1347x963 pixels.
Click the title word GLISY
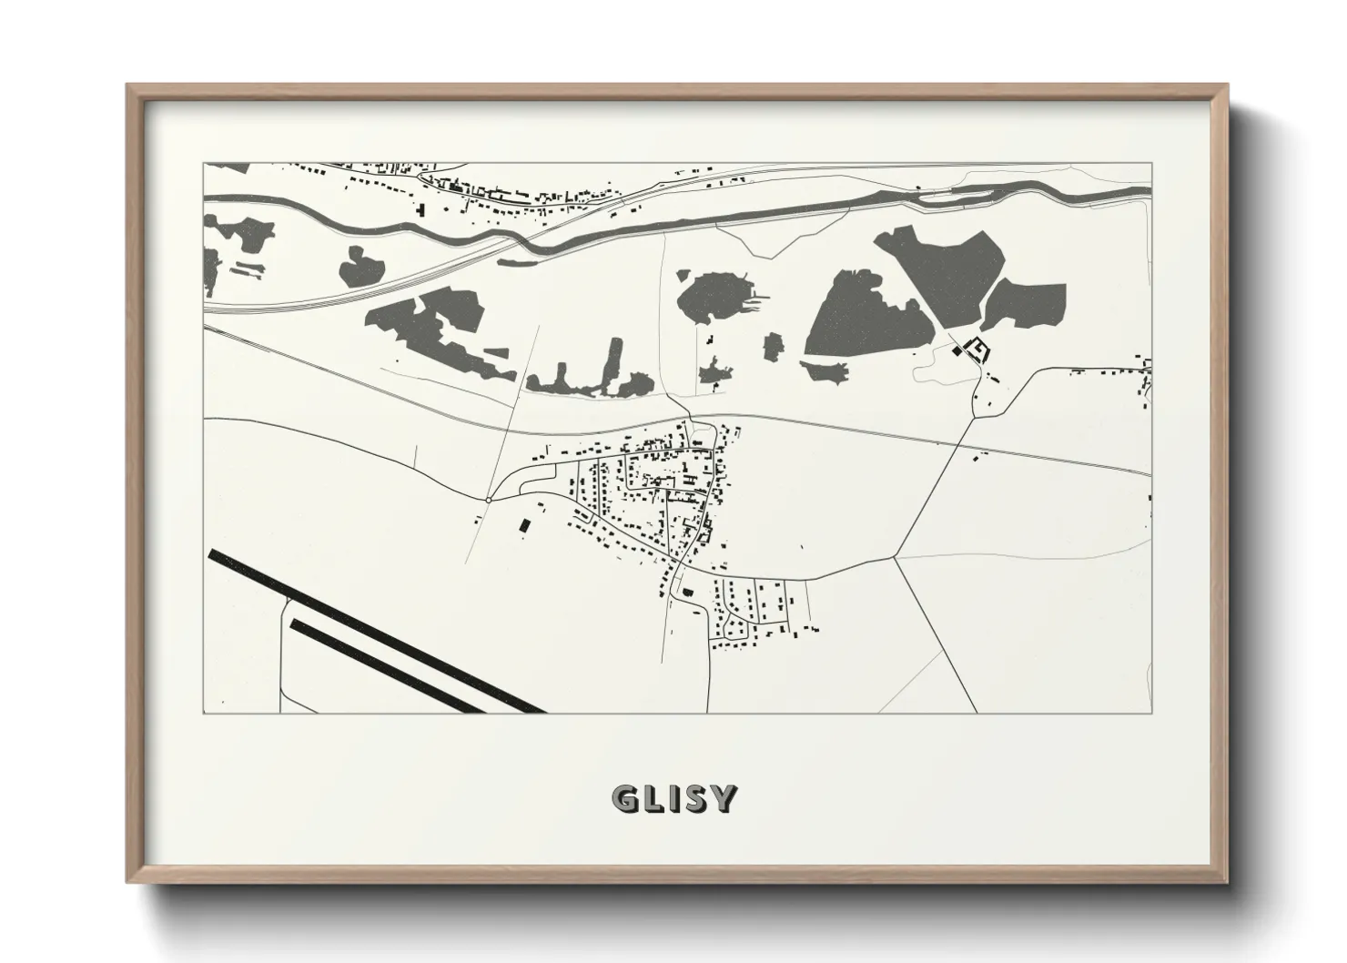(x=674, y=798)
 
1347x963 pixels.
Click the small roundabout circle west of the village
(x=489, y=500)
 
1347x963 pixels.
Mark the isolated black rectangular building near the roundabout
(x=523, y=525)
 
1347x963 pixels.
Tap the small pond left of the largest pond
(x=773, y=346)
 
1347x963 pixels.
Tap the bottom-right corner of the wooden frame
(x=1227, y=882)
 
